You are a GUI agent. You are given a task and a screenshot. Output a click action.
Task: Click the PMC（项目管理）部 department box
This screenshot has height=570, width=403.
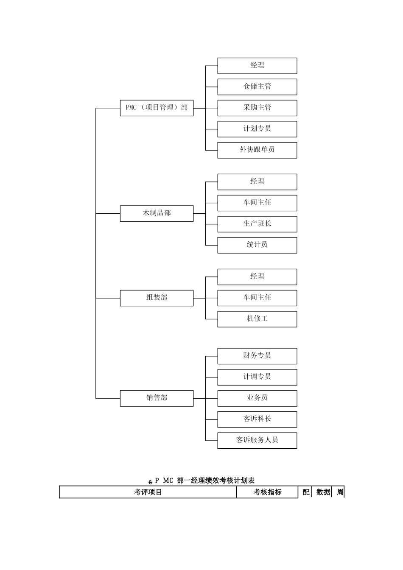pos(157,108)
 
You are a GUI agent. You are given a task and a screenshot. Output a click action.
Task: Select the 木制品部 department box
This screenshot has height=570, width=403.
pos(157,213)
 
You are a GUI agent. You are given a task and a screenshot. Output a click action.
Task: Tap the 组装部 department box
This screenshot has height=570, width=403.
pos(157,298)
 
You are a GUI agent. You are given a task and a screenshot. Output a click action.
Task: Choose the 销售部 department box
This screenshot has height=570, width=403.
pos(157,398)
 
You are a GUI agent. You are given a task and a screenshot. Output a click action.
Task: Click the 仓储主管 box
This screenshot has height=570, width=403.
pos(257,87)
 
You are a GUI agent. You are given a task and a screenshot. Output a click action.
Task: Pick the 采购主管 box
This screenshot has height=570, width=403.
pos(257,108)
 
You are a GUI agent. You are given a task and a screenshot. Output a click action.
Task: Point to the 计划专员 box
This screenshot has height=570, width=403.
pos(257,129)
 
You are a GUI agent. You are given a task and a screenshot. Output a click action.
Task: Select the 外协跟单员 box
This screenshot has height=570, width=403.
pos(257,150)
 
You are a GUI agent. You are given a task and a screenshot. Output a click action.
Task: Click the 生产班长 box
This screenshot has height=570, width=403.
pos(257,224)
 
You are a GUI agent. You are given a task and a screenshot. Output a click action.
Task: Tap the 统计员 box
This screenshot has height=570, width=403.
pos(257,245)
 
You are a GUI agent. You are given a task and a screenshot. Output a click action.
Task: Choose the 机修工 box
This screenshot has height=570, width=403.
pos(257,319)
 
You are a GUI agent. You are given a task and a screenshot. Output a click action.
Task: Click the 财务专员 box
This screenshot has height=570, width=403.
pos(257,356)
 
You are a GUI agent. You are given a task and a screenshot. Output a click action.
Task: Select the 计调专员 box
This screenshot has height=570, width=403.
pos(257,377)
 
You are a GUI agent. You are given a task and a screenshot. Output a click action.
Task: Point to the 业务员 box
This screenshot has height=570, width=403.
pos(257,398)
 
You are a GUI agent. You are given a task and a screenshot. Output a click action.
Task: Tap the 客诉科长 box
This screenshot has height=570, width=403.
pos(257,419)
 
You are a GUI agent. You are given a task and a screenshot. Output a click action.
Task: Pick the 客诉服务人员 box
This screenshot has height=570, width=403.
pos(257,440)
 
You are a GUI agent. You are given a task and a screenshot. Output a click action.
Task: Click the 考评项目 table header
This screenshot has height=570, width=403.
pos(148,492)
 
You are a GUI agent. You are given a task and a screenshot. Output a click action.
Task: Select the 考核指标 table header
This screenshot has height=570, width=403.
pos(267,492)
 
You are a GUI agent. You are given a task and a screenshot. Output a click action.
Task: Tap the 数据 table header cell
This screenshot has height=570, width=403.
pos(323,492)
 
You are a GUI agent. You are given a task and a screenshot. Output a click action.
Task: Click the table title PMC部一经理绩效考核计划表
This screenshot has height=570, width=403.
pos(204,481)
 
